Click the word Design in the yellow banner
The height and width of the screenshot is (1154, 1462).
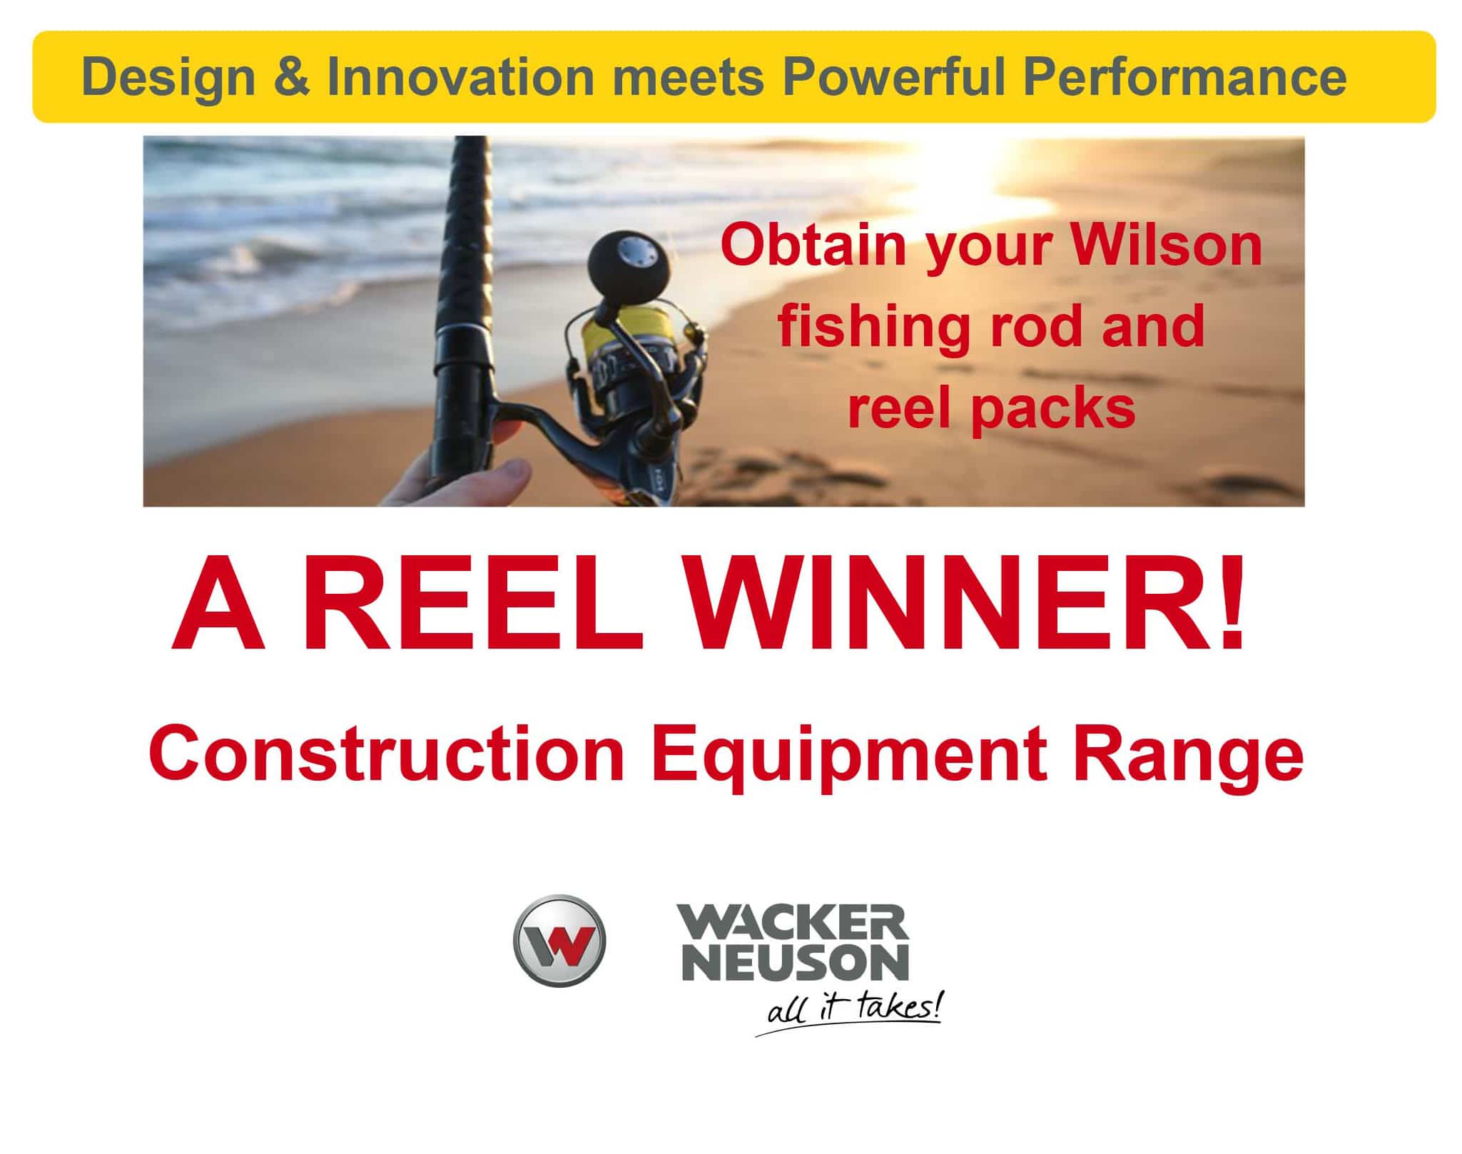click(x=168, y=77)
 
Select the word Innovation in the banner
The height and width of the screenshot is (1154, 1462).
click(x=461, y=77)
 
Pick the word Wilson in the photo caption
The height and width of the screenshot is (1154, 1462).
click(x=1167, y=246)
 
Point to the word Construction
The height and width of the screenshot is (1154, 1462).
click(x=387, y=754)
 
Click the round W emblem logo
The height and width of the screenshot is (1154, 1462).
click(x=559, y=941)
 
